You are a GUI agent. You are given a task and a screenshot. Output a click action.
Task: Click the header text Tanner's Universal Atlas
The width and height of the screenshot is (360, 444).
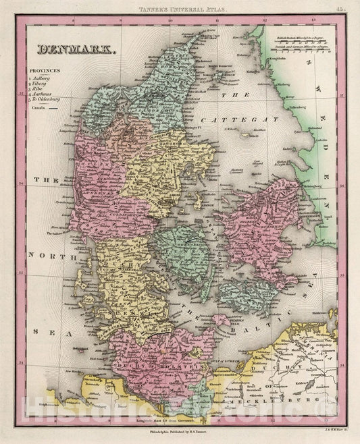pyautogui.click(x=180, y=9)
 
